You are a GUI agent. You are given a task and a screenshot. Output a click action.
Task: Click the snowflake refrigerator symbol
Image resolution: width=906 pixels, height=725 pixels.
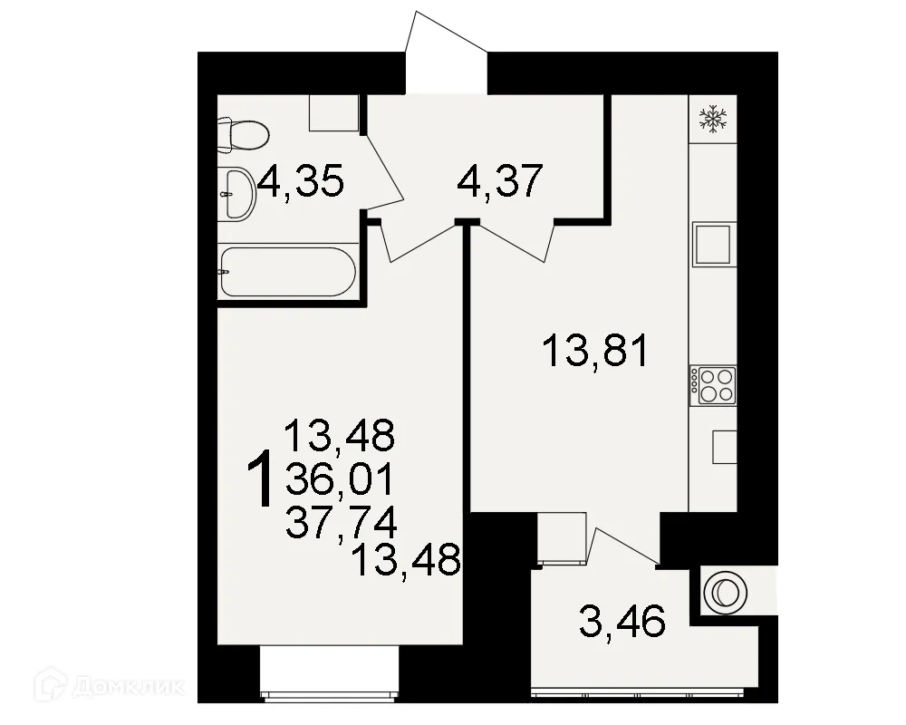click(715, 119)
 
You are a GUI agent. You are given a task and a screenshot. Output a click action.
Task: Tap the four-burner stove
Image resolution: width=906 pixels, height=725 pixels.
click(714, 384)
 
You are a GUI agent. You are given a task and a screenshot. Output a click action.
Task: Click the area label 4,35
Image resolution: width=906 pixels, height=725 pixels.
click(301, 184)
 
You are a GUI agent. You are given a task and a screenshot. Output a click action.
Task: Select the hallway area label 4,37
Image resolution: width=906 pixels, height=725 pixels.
click(499, 184)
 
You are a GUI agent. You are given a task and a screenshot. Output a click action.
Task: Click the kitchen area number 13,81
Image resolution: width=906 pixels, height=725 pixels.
click(594, 349)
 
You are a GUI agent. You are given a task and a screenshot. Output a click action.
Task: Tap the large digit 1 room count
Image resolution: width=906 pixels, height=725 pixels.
click(262, 480)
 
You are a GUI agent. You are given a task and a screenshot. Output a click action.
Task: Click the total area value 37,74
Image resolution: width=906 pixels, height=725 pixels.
click(340, 523)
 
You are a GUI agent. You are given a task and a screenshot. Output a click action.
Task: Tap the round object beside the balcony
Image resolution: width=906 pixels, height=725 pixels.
click(724, 593)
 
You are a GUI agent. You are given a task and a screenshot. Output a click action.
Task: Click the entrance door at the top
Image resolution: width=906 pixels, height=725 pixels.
click(446, 54)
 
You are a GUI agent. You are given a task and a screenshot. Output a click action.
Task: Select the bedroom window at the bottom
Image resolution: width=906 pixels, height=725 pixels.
click(329, 671)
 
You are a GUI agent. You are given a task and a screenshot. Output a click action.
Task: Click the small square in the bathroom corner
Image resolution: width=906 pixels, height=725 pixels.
click(334, 112)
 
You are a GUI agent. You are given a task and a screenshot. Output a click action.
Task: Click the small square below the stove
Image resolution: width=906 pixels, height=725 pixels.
click(724, 446)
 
